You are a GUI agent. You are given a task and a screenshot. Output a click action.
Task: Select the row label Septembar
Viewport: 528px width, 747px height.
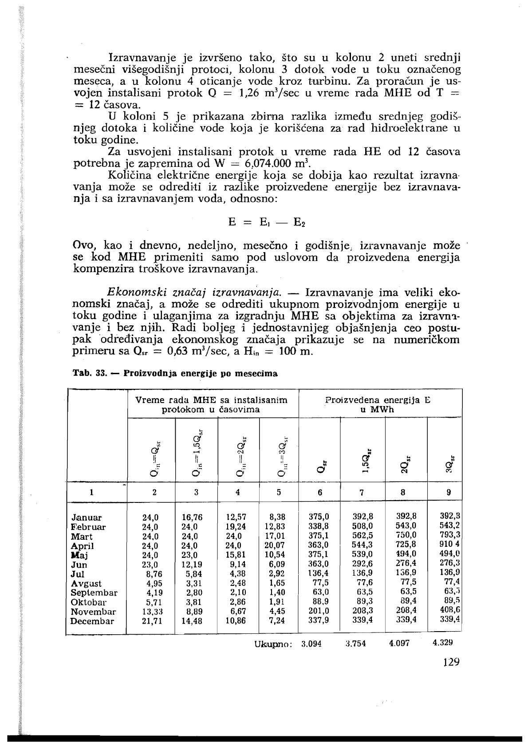point(94,593)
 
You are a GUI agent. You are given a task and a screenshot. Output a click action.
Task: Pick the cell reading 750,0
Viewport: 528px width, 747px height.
point(406,535)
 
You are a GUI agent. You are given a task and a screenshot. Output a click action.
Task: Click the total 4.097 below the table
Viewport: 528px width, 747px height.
point(399,643)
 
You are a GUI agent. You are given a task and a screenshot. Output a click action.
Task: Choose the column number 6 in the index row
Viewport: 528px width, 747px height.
point(320,492)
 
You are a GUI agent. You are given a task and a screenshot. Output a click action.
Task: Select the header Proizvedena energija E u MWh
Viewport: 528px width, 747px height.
point(378,404)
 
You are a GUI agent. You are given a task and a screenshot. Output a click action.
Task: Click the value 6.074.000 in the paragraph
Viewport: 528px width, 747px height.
point(271,162)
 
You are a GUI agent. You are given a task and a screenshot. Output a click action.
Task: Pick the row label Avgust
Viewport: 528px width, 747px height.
point(86,583)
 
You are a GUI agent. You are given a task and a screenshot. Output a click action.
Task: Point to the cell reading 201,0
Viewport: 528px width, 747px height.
point(319,611)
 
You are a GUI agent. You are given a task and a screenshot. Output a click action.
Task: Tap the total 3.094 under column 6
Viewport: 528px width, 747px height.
point(311,643)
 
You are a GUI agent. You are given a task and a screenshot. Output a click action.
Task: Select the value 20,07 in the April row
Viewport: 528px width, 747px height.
point(276,545)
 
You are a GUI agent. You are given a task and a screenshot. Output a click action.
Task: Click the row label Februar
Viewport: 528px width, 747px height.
point(88,527)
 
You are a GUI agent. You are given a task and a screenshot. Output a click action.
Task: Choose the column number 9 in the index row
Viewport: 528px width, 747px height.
point(449,492)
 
